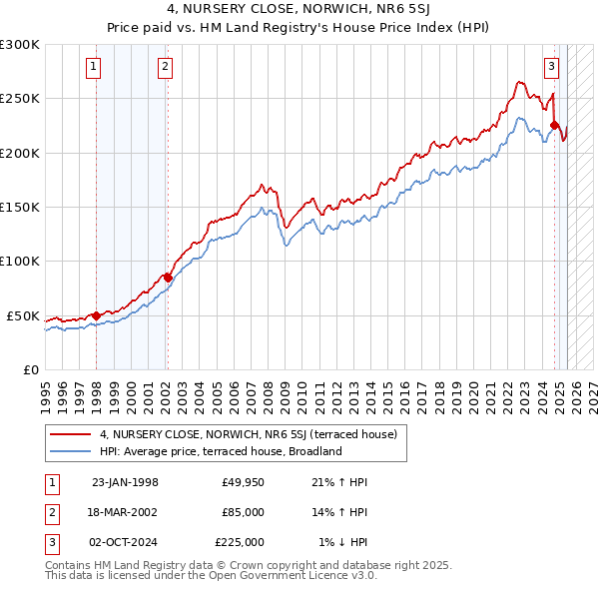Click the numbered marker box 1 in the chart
pyautogui.click(x=93, y=68)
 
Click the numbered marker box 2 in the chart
pyautogui.click(x=165, y=68)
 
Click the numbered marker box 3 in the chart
pyautogui.click(x=551, y=68)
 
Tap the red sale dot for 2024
pyautogui.click(x=554, y=126)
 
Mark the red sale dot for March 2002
pyautogui.click(x=168, y=278)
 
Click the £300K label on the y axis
pyautogui.click(x=20, y=45)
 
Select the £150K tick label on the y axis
pyautogui.click(x=20, y=208)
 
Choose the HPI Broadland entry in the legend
pyautogui.click(x=221, y=451)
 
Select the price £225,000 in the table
pyautogui.click(x=240, y=542)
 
